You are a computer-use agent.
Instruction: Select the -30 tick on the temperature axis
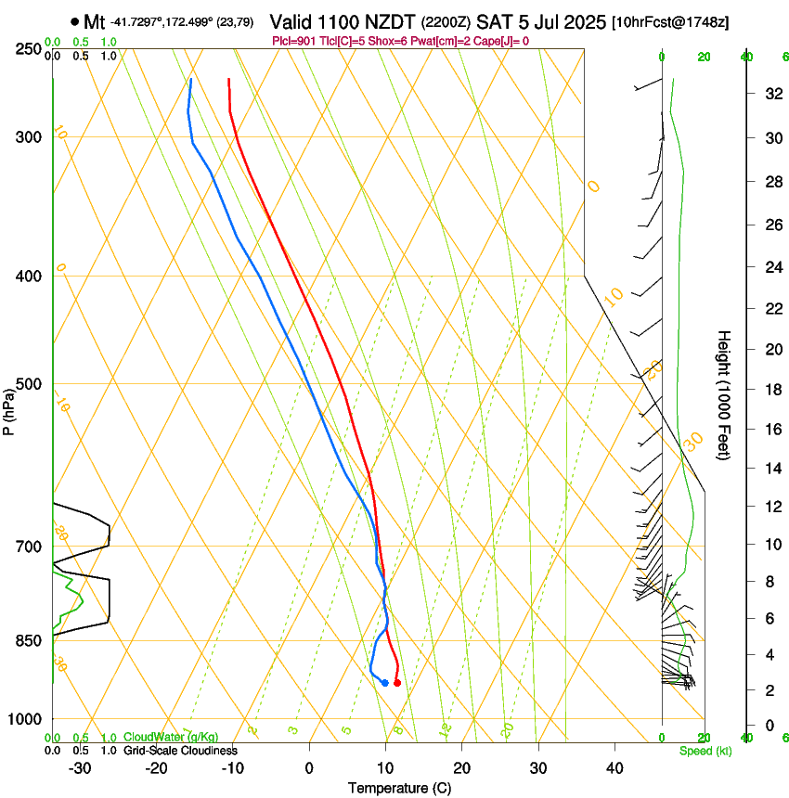pos(80,768)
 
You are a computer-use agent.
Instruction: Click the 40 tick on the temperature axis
pos(614,768)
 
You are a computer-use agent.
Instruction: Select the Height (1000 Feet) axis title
pos(724,394)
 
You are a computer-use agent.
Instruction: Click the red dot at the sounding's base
pos(397,683)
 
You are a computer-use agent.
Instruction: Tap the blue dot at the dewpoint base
pos(384,683)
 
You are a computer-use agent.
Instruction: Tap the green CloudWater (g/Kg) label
pos(171,738)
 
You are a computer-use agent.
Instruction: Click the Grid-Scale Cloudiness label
pos(180,750)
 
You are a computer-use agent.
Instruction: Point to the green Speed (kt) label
pos(705,751)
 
